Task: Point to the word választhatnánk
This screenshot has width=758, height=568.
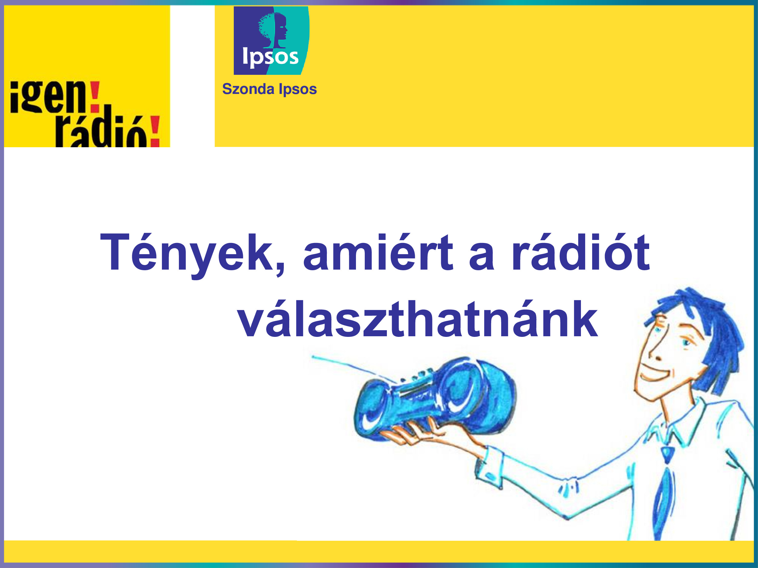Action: click(x=418, y=319)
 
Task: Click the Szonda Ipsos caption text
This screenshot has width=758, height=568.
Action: click(x=269, y=89)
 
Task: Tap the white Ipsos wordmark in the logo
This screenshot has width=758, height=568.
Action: click(x=270, y=57)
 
